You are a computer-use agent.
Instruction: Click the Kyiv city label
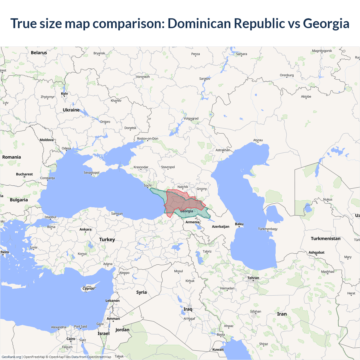pyautogui.click(x=64, y=94)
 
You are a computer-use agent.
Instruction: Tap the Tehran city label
pyautogui.click(x=253, y=278)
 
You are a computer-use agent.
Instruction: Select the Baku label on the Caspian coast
pyautogui.click(x=239, y=224)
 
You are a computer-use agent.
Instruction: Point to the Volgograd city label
pyautogui.click(x=191, y=118)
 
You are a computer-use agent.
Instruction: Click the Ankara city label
pyautogui.click(x=85, y=229)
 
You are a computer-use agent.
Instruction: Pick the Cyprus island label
pyautogui.click(x=88, y=289)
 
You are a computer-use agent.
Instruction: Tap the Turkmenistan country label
pyautogui.click(x=325, y=238)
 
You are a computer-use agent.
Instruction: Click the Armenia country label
pyautogui.click(x=192, y=222)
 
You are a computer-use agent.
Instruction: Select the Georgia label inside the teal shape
pyautogui.click(x=187, y=211)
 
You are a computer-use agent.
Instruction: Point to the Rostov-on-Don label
pyautogui.click(x=148, y=139)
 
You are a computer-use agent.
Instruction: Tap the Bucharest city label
pyautogui.click(x=24, y=174)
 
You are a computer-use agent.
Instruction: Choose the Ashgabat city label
pyautogui.click(x=316, y=253)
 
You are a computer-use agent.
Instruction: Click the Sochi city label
pyautogui.click(x=147, y=186)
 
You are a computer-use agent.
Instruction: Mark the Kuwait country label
pyautogui.click(x=218, y=350)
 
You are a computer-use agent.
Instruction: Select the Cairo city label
pyautogui.click(x=71, y=339)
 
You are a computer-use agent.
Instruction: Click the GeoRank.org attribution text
pyautogui.click(x=11, y=357)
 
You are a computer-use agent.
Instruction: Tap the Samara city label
pyautogui.click(x=242, y=54)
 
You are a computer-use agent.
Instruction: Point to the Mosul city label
pyautogui.click(x=178, y=271)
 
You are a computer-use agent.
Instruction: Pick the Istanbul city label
pyautogui.click(x=50, y=217)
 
